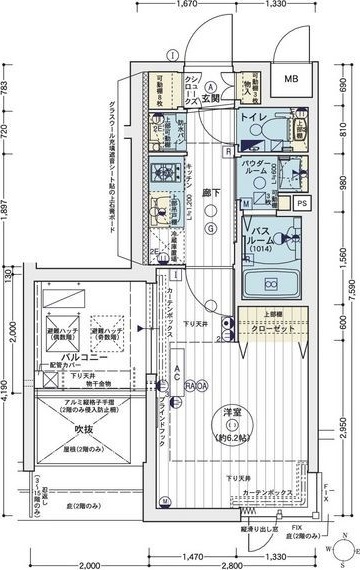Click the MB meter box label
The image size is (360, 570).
click(x=292, y=80)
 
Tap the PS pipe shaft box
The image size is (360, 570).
click(x=303, y=203)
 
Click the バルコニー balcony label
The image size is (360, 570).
click(x=57, y=355)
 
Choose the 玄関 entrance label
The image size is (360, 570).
click(x=210, y=99)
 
